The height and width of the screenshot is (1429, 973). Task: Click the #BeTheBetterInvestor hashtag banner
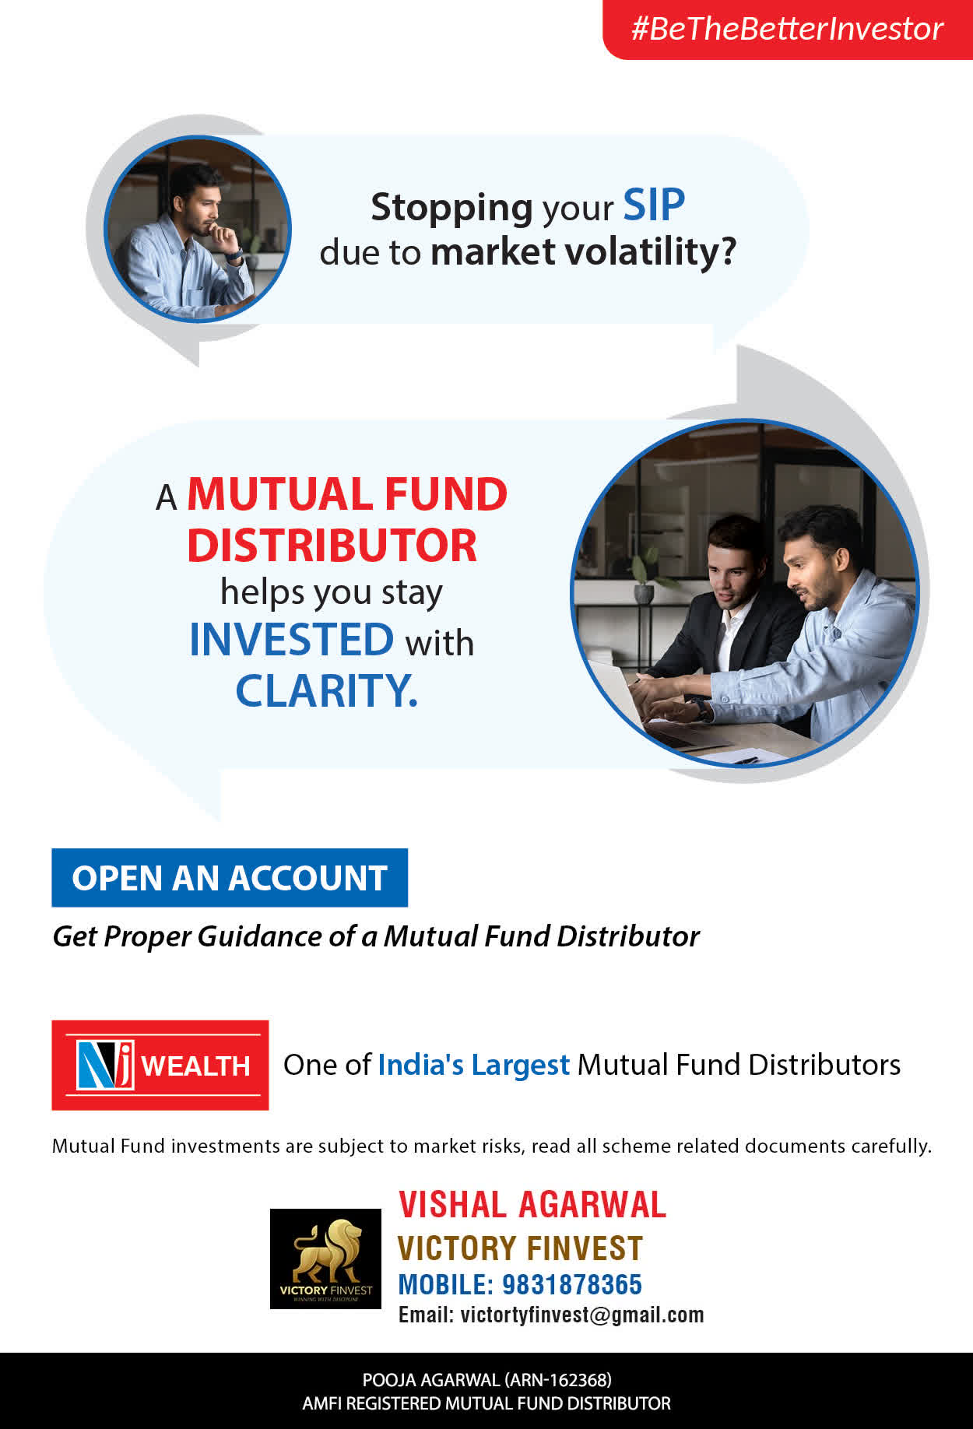coord(788,30)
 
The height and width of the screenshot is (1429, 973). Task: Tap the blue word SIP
coord(654,205)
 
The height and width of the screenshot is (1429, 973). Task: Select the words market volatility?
coord(583,252)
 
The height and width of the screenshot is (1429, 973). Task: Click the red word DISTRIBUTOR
coord(332,545)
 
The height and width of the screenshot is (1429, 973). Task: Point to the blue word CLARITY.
coord(326,690)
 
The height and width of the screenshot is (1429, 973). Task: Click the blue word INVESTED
coord(292,640)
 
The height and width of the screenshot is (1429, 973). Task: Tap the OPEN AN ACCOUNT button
coord(230,878)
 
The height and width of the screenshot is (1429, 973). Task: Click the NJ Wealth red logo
coord(160,1065)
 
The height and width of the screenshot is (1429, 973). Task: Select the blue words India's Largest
coord(473,1065)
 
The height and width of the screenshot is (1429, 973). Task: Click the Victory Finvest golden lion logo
coord(325,1259)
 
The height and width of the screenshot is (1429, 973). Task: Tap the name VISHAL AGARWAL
coord(532,1205)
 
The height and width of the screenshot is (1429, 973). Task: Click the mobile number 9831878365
coord(572,1285)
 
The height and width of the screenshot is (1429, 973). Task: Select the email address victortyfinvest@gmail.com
coord(582,1315)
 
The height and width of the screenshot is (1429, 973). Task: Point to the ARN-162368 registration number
coord(558,1380)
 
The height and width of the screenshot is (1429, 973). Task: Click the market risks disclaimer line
coord(492,1146)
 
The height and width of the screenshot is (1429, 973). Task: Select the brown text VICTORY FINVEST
coord(520,1248)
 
